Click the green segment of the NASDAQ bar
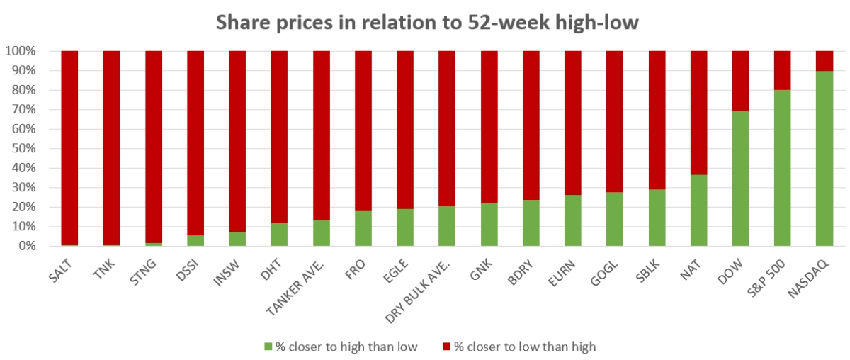[824, 158]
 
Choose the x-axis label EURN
[563, 269]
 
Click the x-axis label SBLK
[647, 269]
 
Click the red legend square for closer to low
[446, 347]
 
